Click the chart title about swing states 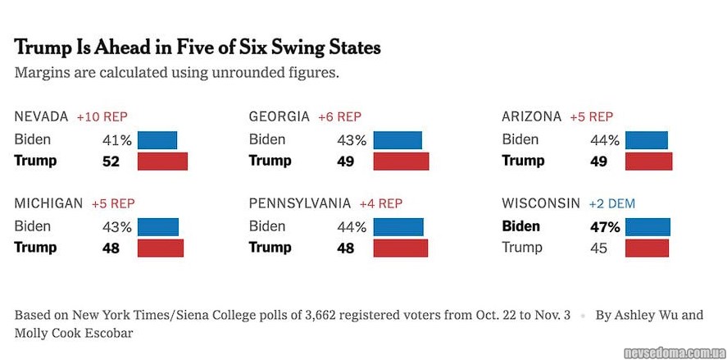tap(198, 48)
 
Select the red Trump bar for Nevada tap(162, 162)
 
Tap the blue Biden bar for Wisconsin tap(647, 226)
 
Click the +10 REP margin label tap(102, 117)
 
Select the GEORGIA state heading tap(279, 117)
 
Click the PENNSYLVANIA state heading tap(300, 203)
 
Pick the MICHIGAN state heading tap(48, 203)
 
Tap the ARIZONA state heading tap(532, 117)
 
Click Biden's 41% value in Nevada tap(116, 140)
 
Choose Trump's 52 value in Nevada tap(111, 162)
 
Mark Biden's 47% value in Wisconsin tap(606, 227)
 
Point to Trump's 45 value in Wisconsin tap(598, 248)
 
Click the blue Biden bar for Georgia tap(398, 140)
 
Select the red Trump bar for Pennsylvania tap(401, 248)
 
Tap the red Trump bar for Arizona tap(649, 162)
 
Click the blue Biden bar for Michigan tap(158, 226)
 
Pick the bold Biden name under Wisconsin tap(520, 226)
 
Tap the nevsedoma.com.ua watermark tap(672, 353)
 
